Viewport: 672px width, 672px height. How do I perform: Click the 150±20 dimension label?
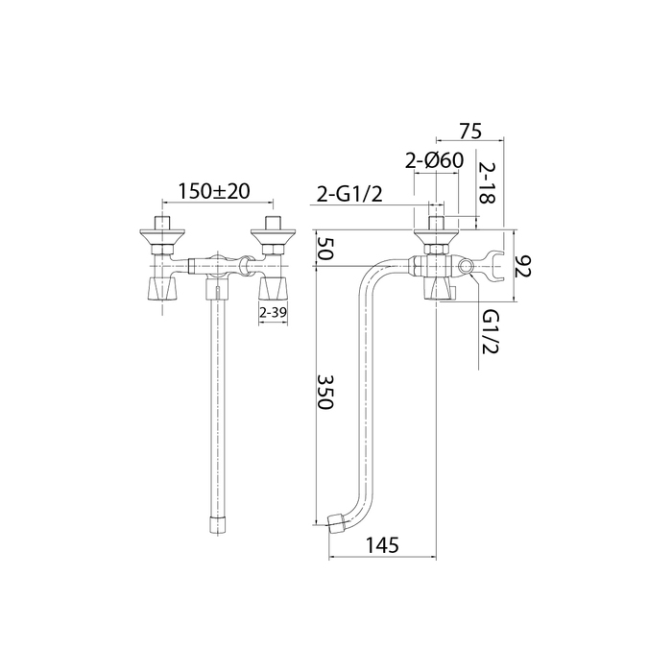214,191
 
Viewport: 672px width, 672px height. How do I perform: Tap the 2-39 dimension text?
273,312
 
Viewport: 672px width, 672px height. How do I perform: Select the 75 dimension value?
470,132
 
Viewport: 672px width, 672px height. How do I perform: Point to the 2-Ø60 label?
435,160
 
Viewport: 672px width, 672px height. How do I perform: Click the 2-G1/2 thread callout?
349,195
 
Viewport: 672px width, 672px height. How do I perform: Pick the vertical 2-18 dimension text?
487,182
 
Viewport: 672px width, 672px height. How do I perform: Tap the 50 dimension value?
324,249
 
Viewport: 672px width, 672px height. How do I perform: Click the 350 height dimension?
324,392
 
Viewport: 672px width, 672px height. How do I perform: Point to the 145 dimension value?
382,545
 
